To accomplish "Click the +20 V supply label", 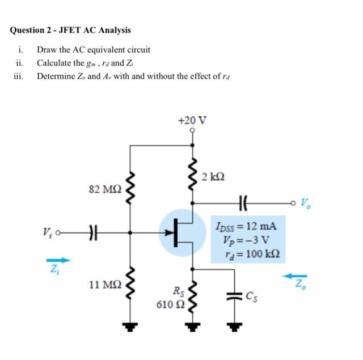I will coord(192,120).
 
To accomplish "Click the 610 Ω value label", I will coord(168,306).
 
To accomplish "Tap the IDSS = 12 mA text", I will coord(246,226).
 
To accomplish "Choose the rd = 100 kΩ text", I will coord(248,252).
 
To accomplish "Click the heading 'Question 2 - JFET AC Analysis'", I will coord(70,30).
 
